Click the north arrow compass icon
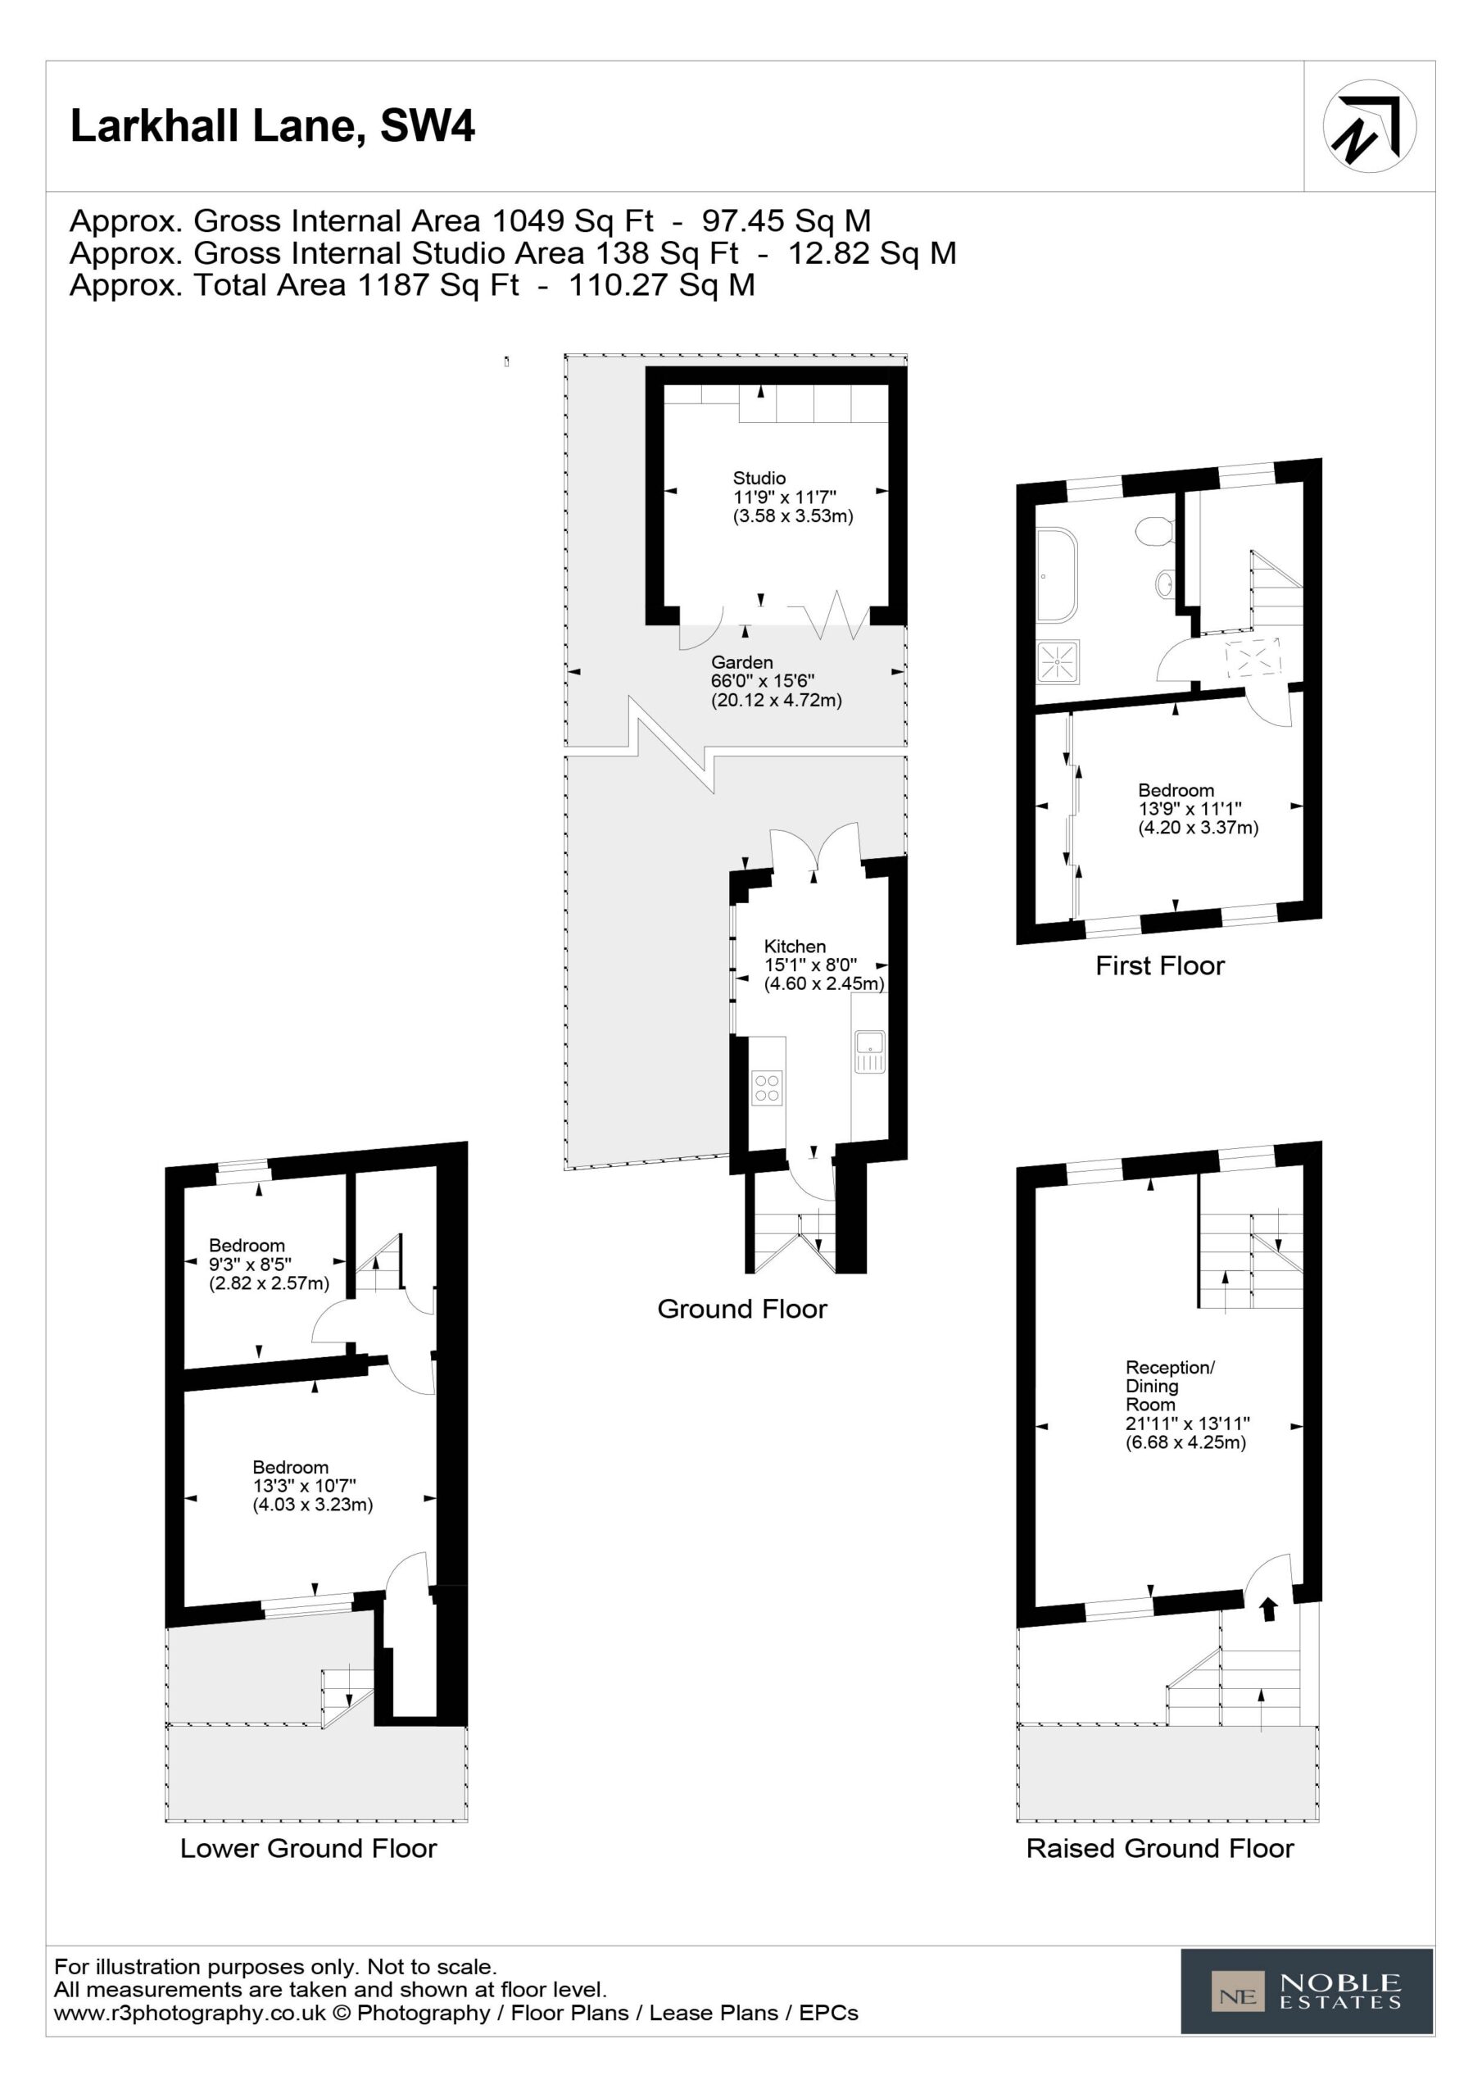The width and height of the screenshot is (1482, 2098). point(1369,126)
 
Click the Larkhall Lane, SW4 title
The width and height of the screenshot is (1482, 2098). point(272,126)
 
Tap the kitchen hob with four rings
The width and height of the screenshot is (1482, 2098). point(768,1088)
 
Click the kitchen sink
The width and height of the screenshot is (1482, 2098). point(870,1051)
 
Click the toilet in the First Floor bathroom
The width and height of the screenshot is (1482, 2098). point(1156,531)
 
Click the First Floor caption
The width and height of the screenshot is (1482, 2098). point(1159,966)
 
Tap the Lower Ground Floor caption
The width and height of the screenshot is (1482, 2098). point(309,1849)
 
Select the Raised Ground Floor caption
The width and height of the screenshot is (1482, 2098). point(1160,1849)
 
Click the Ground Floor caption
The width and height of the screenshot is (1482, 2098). point(742,1309)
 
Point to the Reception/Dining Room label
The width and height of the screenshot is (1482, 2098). point(1186,1405)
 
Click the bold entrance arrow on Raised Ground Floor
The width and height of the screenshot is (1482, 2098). point(1268,1609)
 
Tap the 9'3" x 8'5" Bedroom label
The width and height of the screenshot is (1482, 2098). point(269,1265)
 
